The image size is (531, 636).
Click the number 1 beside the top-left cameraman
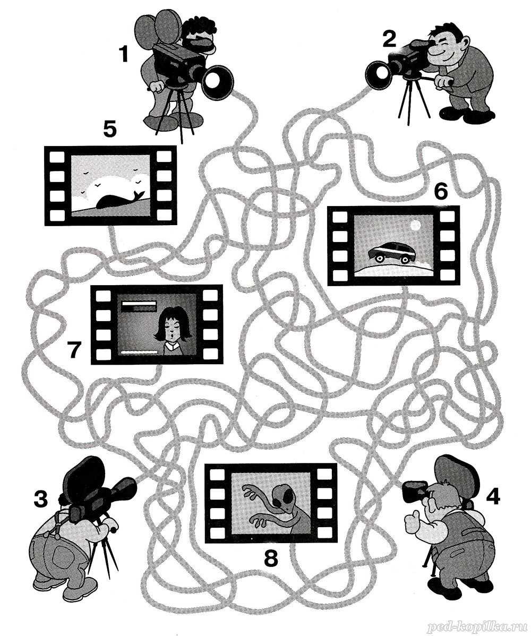pos(123,54)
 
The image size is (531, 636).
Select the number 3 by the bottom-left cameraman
pos(40,499)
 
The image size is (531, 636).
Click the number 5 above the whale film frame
pos(110,130)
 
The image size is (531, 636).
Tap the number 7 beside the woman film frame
pos(74,351)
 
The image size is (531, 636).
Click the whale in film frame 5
pos(119,200)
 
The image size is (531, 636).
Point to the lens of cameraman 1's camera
pos(217,83)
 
